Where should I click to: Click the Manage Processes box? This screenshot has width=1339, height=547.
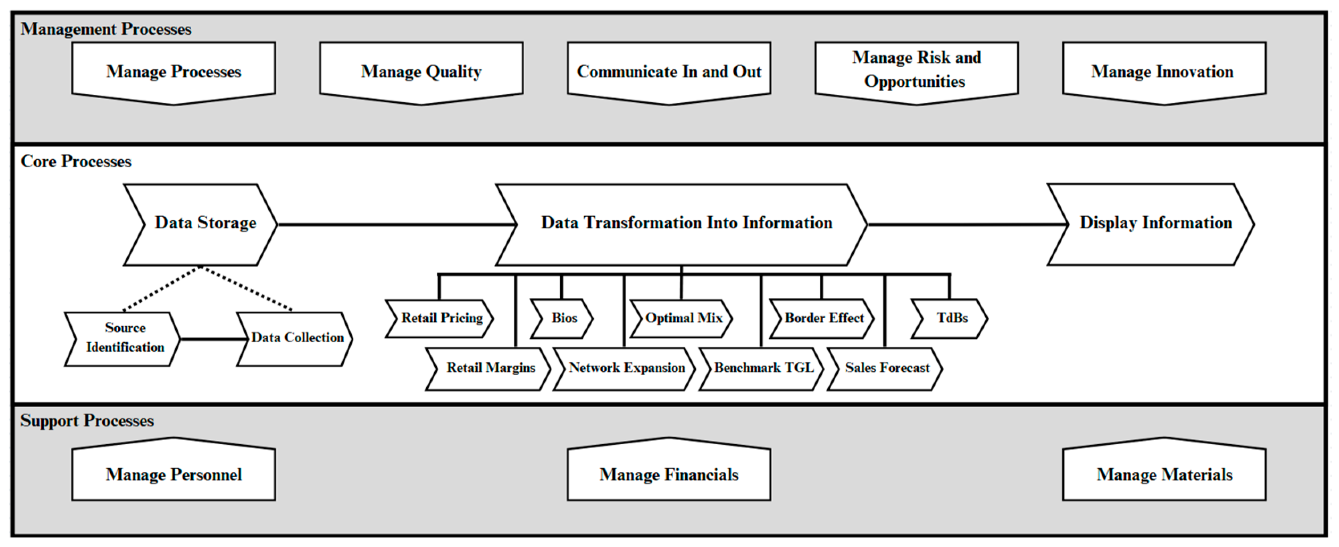point(174,71)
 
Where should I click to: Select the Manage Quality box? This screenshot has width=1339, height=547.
point(421,71)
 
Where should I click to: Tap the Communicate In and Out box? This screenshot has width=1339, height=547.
point(669,71)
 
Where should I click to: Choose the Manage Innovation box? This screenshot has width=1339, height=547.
point(1164,71)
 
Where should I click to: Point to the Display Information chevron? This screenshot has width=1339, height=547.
point(1155,224)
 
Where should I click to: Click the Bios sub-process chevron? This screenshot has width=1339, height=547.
point(563,318)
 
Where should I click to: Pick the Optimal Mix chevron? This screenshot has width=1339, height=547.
point(683,318)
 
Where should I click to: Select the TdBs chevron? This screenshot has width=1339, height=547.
point(951,318)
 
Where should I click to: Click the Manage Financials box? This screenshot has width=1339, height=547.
point(669,474)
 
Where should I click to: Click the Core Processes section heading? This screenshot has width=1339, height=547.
point(77,162)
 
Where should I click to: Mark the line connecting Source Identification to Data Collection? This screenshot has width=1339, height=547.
point(213,339)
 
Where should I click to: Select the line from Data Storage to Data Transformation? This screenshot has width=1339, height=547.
point(395,225)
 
